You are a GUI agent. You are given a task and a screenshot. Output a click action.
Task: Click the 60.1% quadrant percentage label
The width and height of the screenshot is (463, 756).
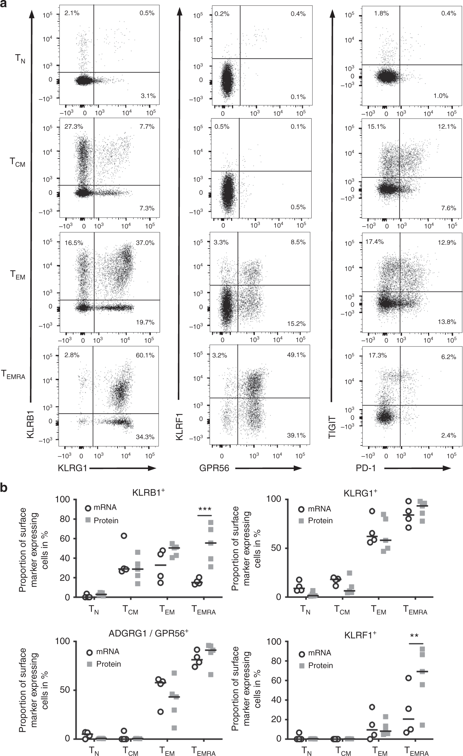pos(145,355)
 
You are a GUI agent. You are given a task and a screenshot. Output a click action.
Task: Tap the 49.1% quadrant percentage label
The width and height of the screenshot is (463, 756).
pos(296,355)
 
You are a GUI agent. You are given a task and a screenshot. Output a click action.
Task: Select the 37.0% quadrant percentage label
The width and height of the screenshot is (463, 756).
pos(145,243)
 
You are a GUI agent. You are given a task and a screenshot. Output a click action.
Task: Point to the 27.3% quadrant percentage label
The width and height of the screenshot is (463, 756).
pos(74,127)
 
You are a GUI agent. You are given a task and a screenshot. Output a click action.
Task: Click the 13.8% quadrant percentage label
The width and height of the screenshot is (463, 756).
pos(447,322)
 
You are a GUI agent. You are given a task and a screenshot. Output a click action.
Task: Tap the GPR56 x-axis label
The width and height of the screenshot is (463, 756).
pos(214,468)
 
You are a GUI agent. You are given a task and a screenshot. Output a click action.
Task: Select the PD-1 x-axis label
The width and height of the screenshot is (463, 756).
pos(366,468)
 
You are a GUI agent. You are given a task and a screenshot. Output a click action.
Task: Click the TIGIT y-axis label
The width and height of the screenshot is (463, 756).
pos(332,427)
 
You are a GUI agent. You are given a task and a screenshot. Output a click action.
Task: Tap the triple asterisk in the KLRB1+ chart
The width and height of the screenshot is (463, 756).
pos(205,509)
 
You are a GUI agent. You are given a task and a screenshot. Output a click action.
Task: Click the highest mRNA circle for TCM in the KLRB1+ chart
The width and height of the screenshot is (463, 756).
pos(124,536)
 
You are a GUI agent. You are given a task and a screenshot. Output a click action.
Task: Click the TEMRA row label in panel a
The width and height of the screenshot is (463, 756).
pos(13,374)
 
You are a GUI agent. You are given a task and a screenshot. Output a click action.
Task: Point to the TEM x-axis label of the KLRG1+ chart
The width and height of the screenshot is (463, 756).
pos(379,610)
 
